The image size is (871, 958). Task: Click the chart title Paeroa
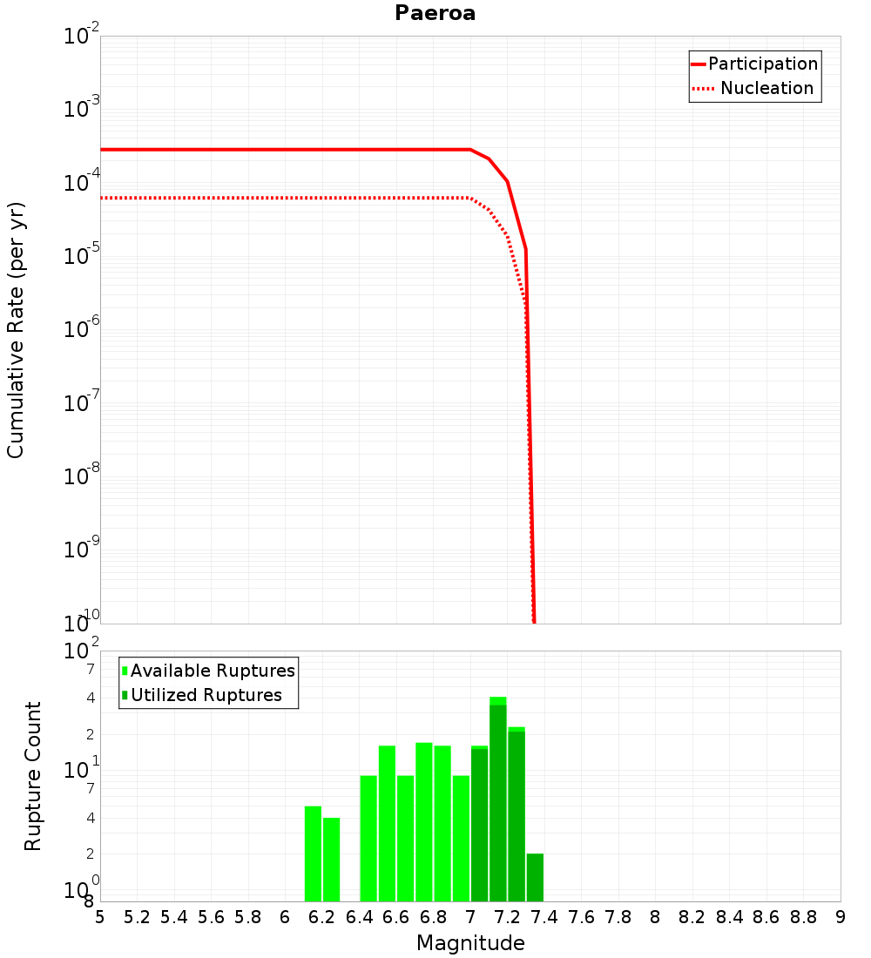(435, 13)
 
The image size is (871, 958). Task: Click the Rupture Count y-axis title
(33, 776)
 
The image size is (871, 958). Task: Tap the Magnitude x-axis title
(470, 943)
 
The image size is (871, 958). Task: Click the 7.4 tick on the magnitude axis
(544, 917)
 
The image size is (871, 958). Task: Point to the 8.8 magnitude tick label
(803, 917)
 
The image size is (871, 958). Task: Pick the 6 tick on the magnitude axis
(285, 917)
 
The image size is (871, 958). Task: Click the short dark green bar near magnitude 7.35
(535, 878)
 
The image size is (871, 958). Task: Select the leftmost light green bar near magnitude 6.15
(313, 853)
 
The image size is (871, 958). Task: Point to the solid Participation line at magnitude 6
(285, 150)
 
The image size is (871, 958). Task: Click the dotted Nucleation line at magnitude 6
(285, 198)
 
